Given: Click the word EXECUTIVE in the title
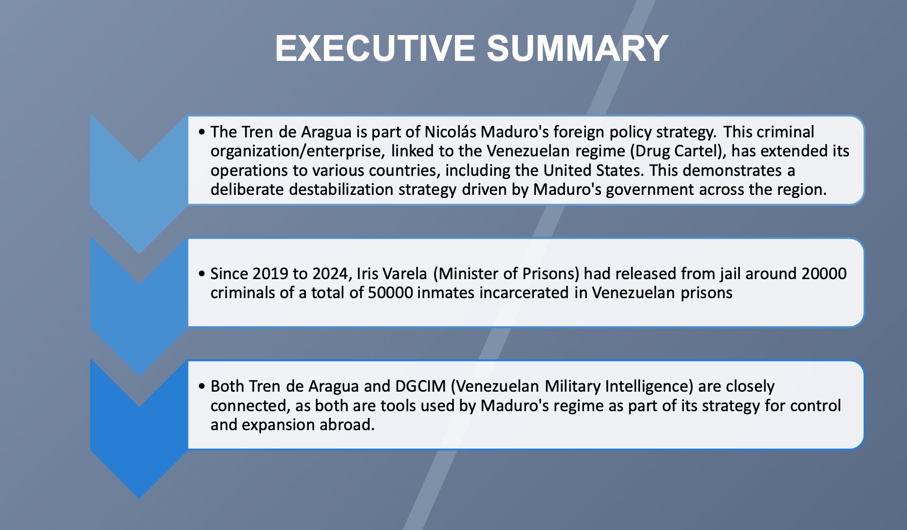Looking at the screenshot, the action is (375, 48).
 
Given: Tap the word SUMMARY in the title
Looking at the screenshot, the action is (577, 48).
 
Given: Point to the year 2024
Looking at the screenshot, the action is (331, 274).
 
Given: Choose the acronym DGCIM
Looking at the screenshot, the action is (420, 386).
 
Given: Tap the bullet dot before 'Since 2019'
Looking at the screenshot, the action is (202, 274).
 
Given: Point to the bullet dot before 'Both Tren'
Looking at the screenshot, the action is (202, 386).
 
